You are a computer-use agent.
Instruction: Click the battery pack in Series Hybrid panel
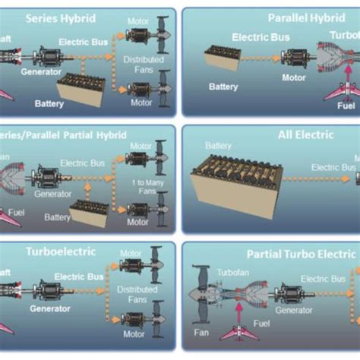pos(83,90)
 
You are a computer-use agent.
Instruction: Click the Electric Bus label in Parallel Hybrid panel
pos(261,36)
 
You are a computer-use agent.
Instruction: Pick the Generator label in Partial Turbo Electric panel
pos(294,310)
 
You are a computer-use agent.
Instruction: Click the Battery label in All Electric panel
pos(218,146)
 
